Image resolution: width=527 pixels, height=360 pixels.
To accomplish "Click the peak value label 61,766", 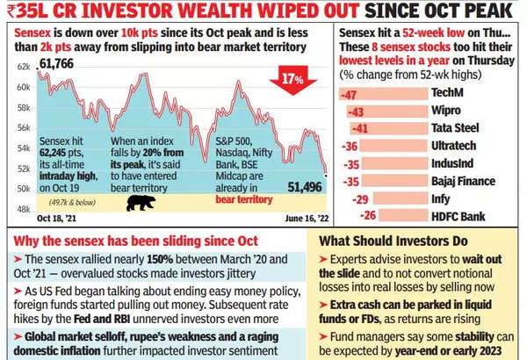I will point(57,65).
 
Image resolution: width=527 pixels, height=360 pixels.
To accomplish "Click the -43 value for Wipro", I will point(356,112).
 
